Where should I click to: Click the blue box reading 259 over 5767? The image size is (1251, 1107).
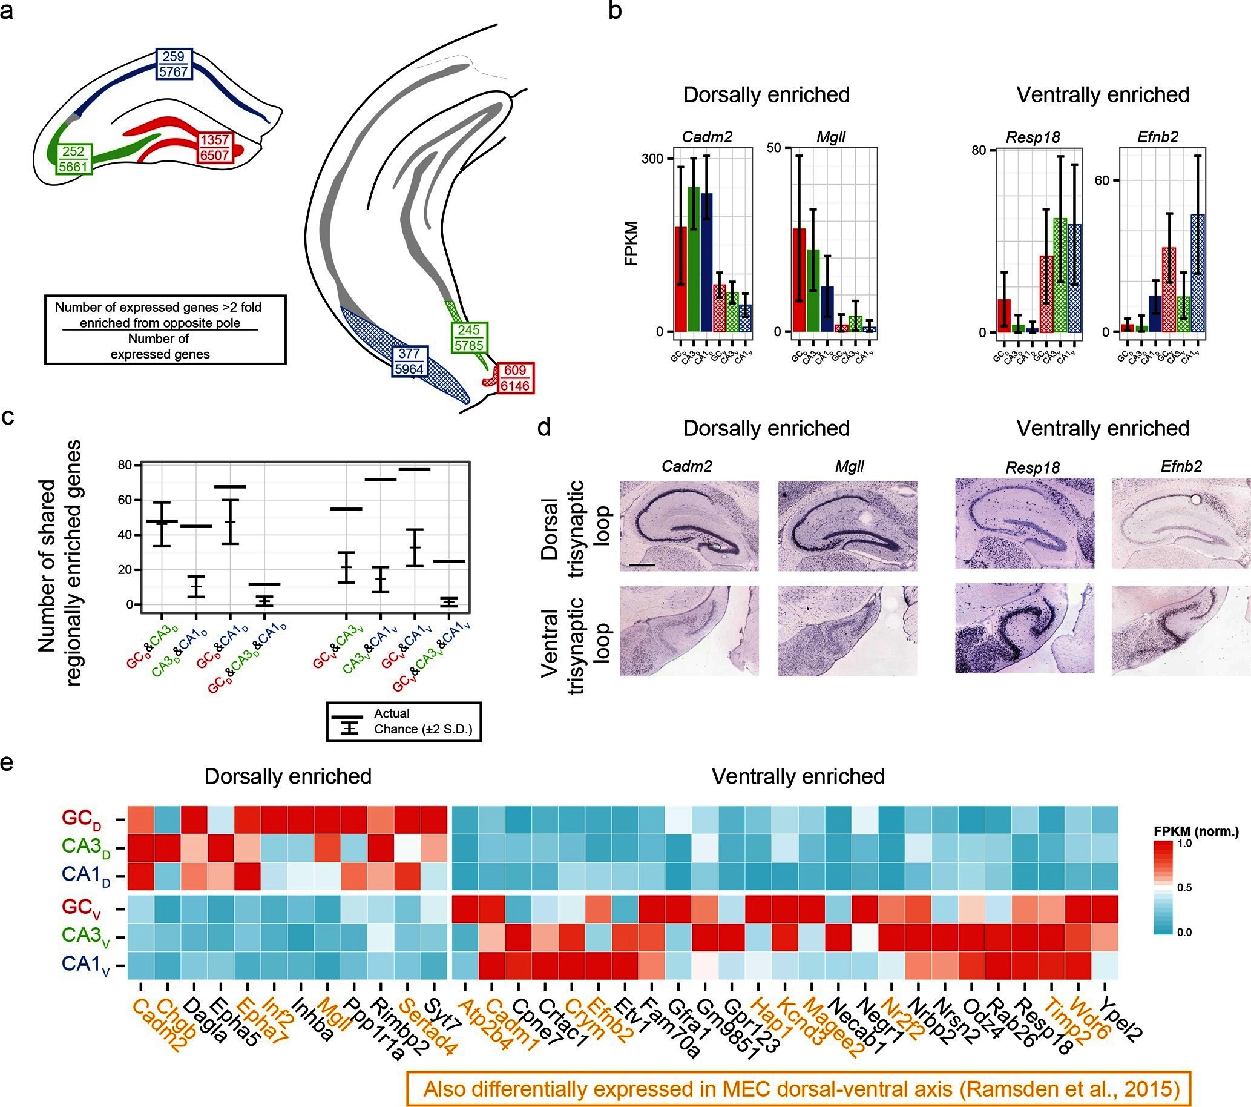[x=174, y=64]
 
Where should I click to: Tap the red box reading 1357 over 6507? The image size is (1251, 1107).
[x=214, y=148]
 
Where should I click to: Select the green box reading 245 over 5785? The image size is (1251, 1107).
[x=470, y=337]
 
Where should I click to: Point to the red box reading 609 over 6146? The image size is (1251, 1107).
[x=515, y=378]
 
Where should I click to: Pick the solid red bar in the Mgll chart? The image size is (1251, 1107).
[x=800, y=279]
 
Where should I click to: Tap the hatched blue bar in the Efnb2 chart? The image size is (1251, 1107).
[x=1198, y=273]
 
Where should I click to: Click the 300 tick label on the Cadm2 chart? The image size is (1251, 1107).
[x=652, y=159]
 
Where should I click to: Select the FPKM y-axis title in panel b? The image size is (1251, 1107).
[x=632, y=243]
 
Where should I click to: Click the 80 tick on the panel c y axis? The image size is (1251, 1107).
[x=125, y=465]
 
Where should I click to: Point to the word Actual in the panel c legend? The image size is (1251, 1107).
[x=392, y=713]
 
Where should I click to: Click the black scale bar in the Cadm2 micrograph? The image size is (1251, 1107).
[x=642, y=564]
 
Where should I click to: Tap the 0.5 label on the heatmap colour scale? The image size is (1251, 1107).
[x=1184, y=888]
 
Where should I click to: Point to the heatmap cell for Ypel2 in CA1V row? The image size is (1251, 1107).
[x=1105, y=965]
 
